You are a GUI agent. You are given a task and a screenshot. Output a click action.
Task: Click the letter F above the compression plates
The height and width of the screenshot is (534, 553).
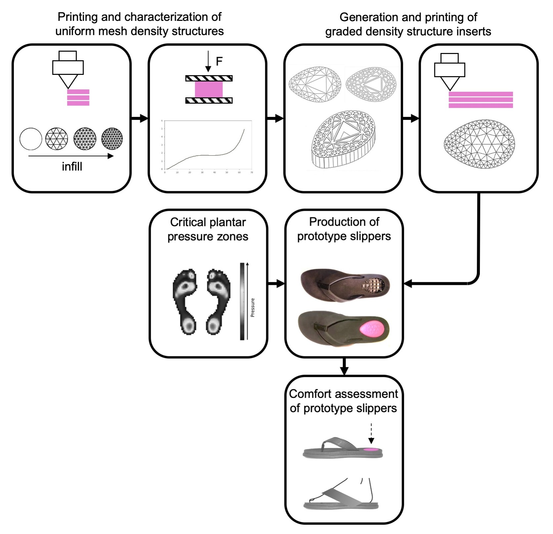[x=219, y=61]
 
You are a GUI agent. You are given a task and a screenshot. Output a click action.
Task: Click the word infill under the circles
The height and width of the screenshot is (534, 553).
[x=72, y=166]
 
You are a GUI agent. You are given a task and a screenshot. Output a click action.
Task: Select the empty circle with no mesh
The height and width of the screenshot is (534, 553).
[x=31, y=139]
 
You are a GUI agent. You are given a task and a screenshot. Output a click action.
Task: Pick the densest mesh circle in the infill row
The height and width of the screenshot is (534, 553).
[x=112, y=139]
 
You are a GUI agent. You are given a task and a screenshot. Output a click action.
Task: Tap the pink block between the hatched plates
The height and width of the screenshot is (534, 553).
[x=209, y=89]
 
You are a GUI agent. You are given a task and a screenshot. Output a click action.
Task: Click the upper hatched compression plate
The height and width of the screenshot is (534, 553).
[x=209, y=79]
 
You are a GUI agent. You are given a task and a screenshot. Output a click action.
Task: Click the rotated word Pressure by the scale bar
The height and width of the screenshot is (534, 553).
[x=253, y=307]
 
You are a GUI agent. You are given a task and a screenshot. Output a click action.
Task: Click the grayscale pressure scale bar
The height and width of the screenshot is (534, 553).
[x=242, y=301]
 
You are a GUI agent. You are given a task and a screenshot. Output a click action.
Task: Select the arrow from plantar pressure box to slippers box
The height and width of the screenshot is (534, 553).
[x=276, y=284]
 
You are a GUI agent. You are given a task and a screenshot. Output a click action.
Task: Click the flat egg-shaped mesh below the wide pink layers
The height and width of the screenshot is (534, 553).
[x=479, y=144]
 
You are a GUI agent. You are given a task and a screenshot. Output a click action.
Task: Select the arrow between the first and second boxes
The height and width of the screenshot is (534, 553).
[x=139, y=118]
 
